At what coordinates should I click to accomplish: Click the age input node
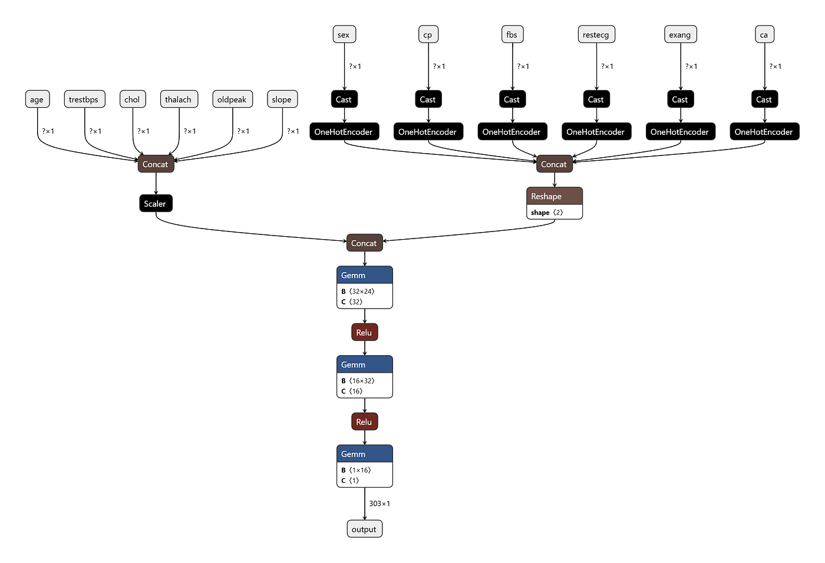[37, 100]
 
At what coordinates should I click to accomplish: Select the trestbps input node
[84, 100]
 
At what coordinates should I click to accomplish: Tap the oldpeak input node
[232, 100]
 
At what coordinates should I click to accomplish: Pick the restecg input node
[596, 35]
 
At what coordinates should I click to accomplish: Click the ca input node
[764, 35]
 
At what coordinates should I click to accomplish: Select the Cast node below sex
[344, 100]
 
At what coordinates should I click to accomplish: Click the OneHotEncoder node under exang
[680, 132]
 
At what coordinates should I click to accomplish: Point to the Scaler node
[156, 204]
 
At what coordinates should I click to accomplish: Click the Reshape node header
[554, 196]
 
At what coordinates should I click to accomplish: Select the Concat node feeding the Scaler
[156, 164]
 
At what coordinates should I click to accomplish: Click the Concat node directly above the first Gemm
[364, 243]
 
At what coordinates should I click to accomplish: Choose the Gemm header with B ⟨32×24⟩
[364, 275]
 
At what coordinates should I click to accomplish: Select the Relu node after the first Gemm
[364, 333]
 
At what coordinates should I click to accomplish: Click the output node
[364, 529]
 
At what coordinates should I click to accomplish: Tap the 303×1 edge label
[379, 504]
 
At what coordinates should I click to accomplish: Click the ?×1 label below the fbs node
[523, 67]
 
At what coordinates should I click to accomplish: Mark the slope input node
[282, 100]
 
